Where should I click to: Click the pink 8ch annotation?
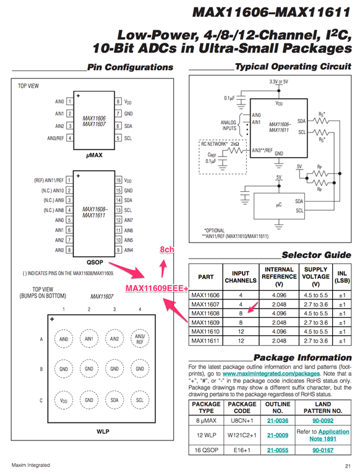tap(167, 250)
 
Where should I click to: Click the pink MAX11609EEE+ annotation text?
tap(157, 288)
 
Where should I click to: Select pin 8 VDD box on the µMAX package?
tap(118, 101)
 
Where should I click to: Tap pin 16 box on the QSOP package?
tap(118, 180)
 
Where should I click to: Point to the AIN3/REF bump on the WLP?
tap(140, 339)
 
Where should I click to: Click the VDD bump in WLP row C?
tap(64, 400)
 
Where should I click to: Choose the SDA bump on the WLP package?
tap(114, 400)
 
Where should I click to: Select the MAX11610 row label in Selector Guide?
tap(205, 332)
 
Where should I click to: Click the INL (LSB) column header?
tap(342, 277)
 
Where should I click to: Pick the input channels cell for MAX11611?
tap(241, 341)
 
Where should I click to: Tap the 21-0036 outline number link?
tap(278, 421)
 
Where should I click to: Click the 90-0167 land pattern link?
tap(323, 450)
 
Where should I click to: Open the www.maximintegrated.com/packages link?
tap(271, 374)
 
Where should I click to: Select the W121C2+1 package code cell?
tap(242, 435)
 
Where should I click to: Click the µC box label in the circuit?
tap(279, 205)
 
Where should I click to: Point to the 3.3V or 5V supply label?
tap(278, 82)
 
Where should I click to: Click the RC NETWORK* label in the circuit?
tap(214, 144)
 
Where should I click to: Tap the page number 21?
tap(348, 466)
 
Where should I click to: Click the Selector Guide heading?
tap(316, 255)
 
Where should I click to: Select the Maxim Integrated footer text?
tap(30, 465)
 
